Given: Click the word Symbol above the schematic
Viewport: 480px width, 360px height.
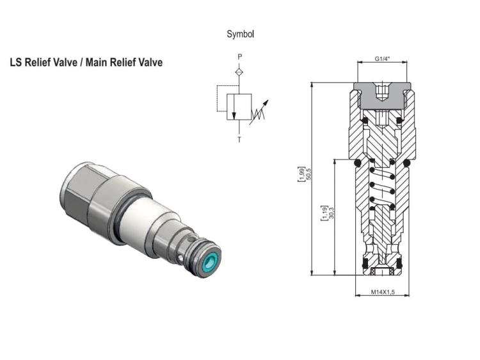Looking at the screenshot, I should [240, 34].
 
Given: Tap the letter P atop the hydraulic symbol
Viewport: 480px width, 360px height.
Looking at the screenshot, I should [240, 57].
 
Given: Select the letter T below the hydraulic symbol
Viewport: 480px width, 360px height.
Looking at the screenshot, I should [240, 139].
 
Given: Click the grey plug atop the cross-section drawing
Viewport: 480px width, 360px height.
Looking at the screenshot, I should [383, 95].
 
